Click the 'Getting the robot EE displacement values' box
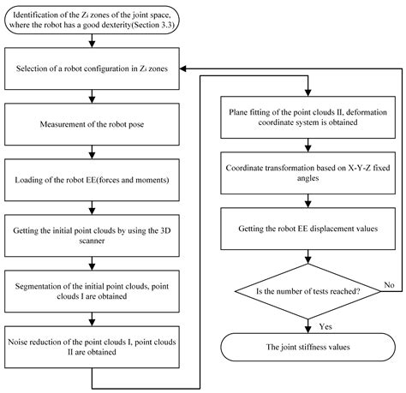[x=303, y=230]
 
